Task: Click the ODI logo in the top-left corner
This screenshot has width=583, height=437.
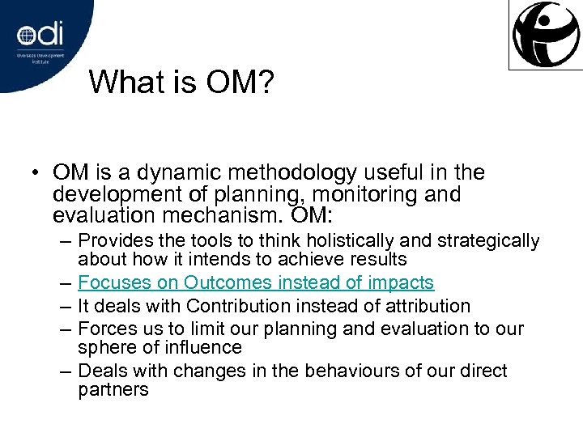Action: point(40,36)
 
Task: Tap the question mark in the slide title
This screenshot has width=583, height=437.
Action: point(268,82)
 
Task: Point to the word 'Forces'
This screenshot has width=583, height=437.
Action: point(105,329)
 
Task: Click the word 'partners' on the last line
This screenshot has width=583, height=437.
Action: point(113,390)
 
